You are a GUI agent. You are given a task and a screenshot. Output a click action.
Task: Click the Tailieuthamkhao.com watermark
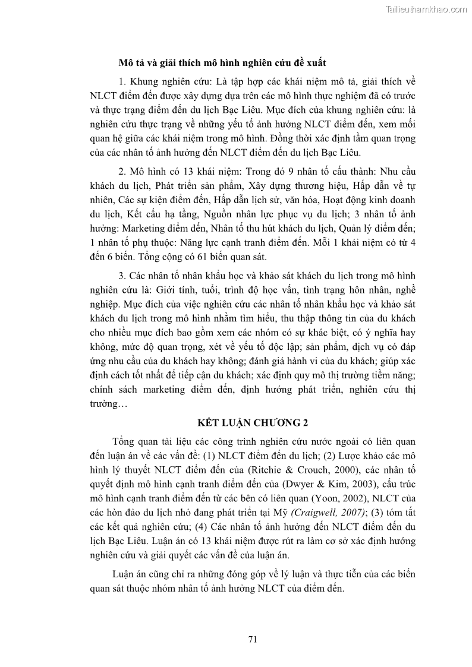point(426,9)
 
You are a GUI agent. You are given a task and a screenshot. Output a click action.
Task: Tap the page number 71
point(252,639)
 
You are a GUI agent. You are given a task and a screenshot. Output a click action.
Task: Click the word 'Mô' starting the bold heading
point(125,62)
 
